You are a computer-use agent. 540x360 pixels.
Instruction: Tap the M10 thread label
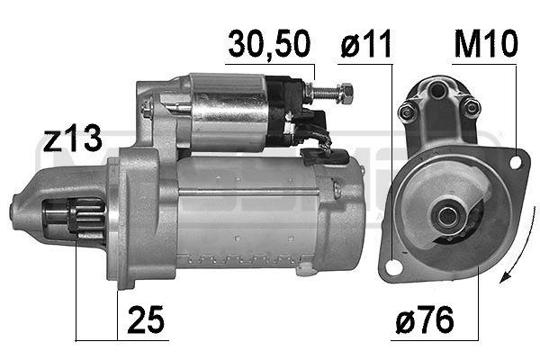pos(486,44)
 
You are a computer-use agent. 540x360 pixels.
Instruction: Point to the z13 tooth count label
pos(72,139)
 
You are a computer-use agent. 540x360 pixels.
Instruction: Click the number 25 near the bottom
pos(145,320)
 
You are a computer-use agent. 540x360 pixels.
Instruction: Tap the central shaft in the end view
pos(445,214)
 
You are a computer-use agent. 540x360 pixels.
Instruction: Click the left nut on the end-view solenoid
pos(408,111)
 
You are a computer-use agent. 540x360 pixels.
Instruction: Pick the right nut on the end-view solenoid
pos(471,109)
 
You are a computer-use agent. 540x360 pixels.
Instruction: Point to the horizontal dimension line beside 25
pos(96,340)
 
